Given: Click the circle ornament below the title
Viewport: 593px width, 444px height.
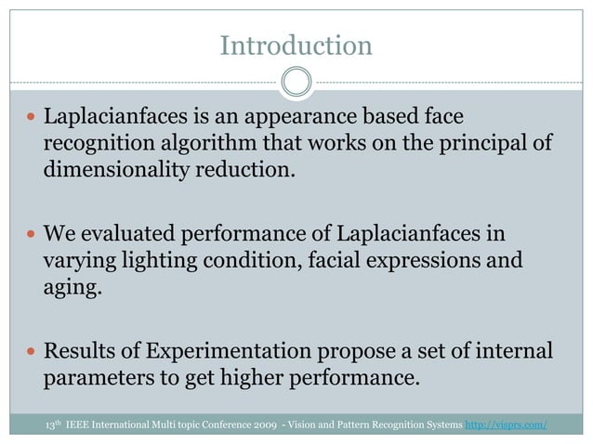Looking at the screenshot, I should (x=296, y=82).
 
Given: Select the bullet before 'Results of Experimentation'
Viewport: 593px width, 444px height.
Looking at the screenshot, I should (x=33, y=352).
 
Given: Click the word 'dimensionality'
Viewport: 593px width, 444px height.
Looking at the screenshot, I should (x=116, y=171).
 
